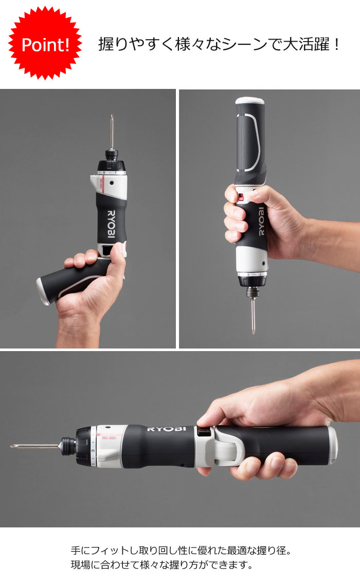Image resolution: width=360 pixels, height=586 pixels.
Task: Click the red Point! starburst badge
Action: [45, 43]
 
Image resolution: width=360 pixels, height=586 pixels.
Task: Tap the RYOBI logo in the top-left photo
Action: [112, 224]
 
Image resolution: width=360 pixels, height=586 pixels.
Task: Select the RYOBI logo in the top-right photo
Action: [261, 221]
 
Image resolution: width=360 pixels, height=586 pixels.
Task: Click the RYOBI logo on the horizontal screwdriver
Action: [166, 429]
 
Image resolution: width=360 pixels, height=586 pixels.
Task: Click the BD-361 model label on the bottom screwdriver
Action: [109, 437]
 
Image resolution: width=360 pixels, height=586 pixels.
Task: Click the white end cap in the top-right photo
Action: [250, 101]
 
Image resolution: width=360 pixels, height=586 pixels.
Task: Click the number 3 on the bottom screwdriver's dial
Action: [93, 450]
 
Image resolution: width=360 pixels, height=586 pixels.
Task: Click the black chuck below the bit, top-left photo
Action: [111, 154]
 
